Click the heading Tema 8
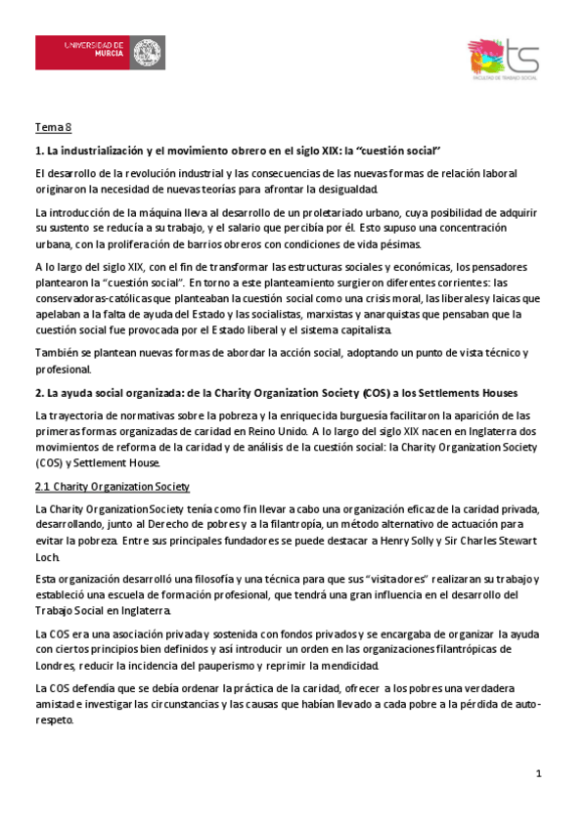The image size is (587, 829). click(54, 128)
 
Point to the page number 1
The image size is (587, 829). click(538, 774)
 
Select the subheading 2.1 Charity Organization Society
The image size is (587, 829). click(113, 487)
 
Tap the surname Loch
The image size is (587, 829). click(47, 556)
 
